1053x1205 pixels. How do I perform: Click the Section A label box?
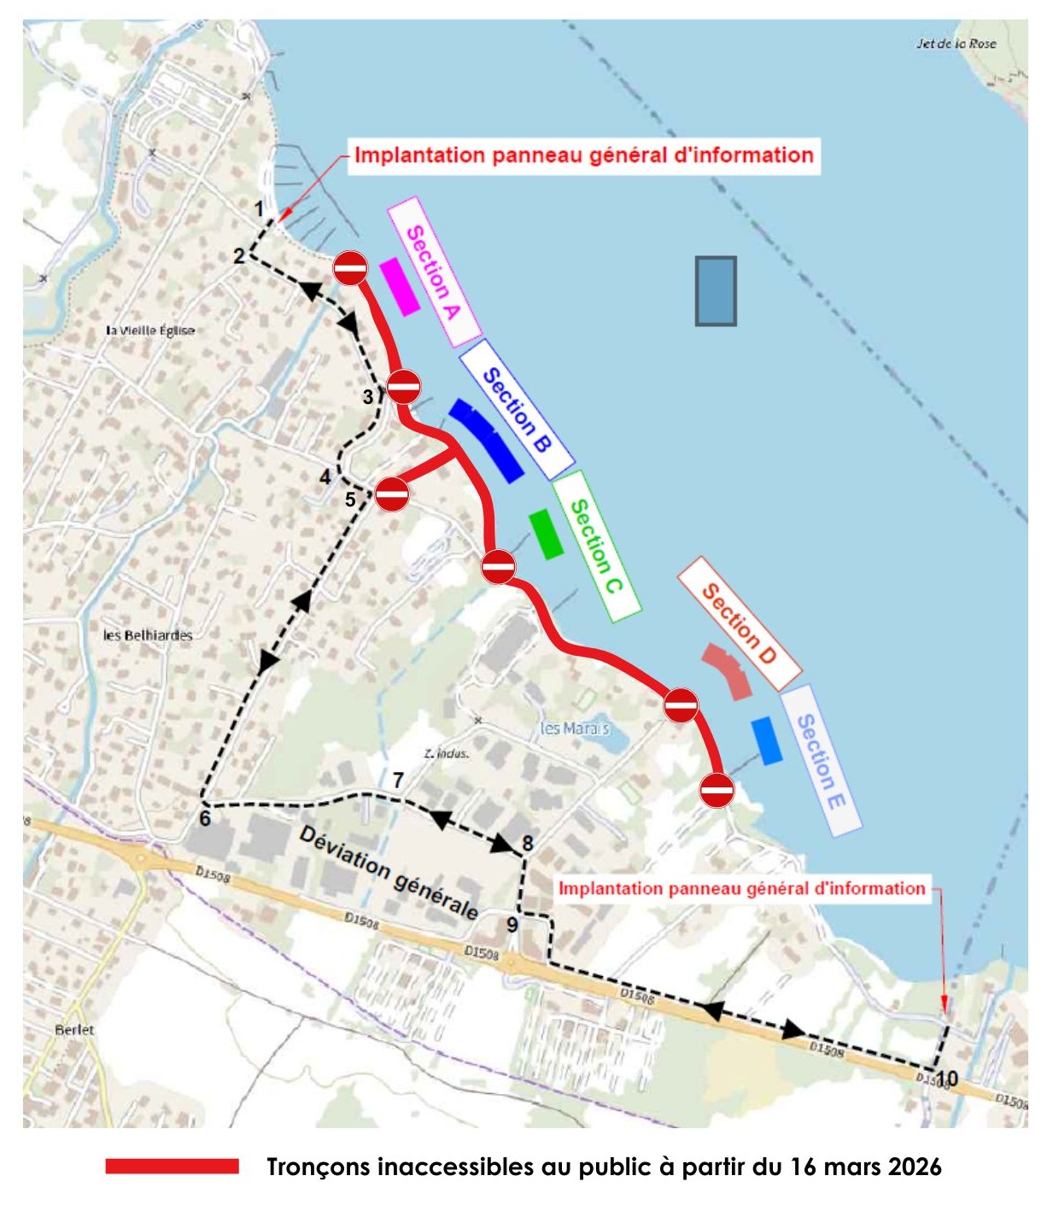click(434, 272)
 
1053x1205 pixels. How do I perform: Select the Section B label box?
click(516, 409)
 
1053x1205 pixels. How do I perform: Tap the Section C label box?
click(596, 546)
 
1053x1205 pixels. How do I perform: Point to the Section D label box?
click(739, 623)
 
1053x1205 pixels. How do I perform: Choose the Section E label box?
click(820, 760)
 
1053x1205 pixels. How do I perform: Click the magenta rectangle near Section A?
click(399, 287)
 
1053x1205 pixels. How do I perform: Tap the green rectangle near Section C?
click(546, 535)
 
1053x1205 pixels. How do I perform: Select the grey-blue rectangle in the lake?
click(716, 291)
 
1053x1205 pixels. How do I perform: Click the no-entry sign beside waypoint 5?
click(392, 494)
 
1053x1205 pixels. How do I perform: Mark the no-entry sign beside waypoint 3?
click(404, 386)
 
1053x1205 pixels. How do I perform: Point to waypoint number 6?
click(205, 818)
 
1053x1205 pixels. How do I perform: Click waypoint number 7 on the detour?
click(398, 780)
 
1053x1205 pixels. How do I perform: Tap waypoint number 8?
click(528, 844)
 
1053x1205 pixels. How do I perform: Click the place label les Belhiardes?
click(148, 635)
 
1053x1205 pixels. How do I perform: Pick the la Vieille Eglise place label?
click(150, 330)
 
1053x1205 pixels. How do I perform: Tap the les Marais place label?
click(575, 728)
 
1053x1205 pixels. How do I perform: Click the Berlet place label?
click(74, 1030)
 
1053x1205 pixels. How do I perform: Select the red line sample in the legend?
click(172, 1167)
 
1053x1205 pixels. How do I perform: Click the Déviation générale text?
click(389, 871)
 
